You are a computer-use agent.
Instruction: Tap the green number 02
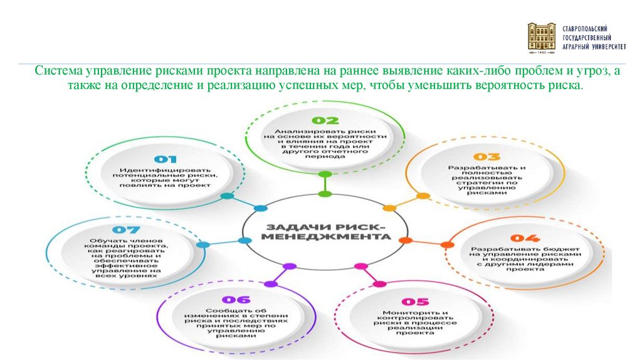pyautogui.click(x=325, y=120)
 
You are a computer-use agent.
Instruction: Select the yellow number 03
pyautogui.click(x=486, y=157)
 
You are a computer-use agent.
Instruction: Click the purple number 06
pyautogui.click(x=235, y=299)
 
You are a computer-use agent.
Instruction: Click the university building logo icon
pyautogui.click(x=542, y=38)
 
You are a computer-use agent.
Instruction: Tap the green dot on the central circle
pyautogui.click(x=324, y=194)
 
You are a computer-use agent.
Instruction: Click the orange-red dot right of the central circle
pyautogui.click(x=405, y=240)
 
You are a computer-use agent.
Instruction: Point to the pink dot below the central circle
pyautogui.click(x=360, y=267)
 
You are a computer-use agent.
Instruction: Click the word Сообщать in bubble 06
pyautogui.click(x=230, y=310)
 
